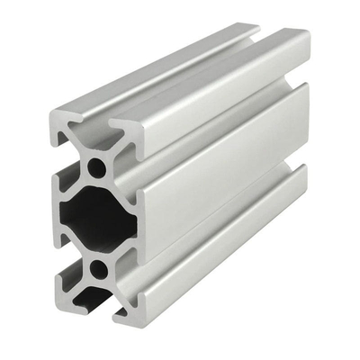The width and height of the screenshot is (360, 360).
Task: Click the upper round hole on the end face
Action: [94, 166]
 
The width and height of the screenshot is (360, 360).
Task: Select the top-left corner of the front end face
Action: [54, 114]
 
